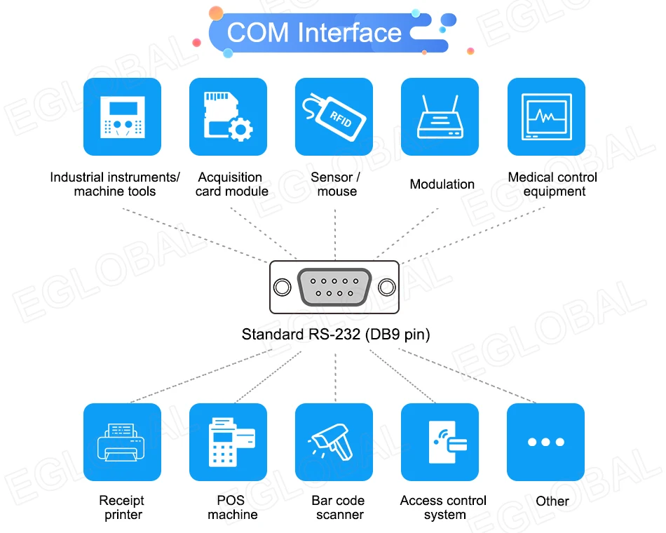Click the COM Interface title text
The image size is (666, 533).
pyautogui.click(x=314, y=33)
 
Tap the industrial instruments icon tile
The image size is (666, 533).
pyautogui.click(x=122, y=116)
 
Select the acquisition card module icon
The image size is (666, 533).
pyautogui.click(x=228, y=116)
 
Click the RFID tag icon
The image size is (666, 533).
pyautogui.click(x=334, y=116)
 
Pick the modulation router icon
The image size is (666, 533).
pyautogui.click(x=440, y=116)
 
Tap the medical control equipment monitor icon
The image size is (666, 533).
pyautogui.click(x=545, y=116)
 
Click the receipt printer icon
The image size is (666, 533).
pyautogui.click(x=122, y=442)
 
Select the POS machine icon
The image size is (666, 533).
pyautogui.click(x=228, y=442)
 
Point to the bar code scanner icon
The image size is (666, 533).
pyautogui.click(x=334, y=442)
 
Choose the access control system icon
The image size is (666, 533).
pyautogui.click(x=440, y=442)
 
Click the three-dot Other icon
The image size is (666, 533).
pyautogui.click(x=545, y=442)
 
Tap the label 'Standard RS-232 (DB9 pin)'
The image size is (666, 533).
pyautogui.click(x=336, y=335)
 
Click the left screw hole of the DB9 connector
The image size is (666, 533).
pyautogui.click(x=282, y=288)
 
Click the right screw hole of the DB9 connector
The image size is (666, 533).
pyautogui.click(x=386, y=288)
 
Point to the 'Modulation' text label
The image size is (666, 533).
pyautogui.click(x=442, y=184)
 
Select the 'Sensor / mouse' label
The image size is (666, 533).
pyautogui.click(x=336, y=184)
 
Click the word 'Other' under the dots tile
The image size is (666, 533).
pyautogui.click(x=552, y=501)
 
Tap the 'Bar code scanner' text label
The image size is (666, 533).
pyautogui.click(x=339, y=508)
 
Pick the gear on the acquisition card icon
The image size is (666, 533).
pyautogui.click(x=240, y=130)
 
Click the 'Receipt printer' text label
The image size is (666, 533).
pyautogui.click(x=122, y=508)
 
